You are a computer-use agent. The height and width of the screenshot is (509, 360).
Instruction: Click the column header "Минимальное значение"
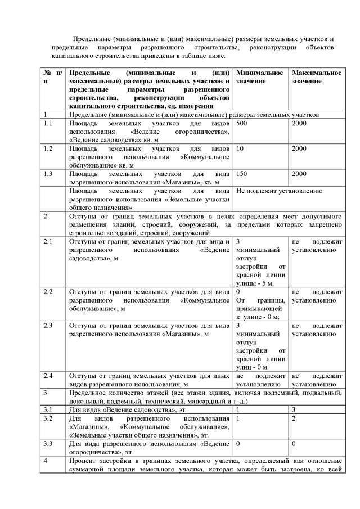pos(259,78)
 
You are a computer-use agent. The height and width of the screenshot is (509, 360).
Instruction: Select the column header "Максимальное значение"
pos(317,78)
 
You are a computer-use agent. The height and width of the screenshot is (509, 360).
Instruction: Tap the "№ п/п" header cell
pos(52,78)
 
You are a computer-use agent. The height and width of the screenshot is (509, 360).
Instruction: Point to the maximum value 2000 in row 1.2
pos(300,149)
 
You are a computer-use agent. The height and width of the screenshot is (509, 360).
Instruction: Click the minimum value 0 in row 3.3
pos(238,445)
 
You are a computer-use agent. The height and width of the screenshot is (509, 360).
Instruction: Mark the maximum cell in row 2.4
pos(317,380)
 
